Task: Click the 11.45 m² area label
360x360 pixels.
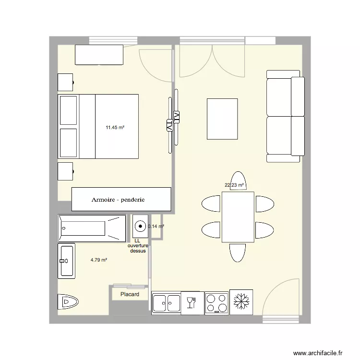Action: click(115, 127)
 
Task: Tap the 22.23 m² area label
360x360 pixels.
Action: click(234, 185)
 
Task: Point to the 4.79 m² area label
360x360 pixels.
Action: click(99, 260)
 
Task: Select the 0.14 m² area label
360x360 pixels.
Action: click(156, 227)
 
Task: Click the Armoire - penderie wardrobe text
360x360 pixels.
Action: click(118, 200)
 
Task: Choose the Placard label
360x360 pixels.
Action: click(130, 294)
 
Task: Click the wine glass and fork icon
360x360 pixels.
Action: click(191, 302)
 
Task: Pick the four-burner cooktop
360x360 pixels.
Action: click(216, 303)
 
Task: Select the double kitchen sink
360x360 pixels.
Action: click(167, 303)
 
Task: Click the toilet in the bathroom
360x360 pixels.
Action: click(68, 301)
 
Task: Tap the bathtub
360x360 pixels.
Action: click(92, 228)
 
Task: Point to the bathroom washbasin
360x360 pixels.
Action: click(67, 261)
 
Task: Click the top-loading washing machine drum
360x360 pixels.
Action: click(140, 227)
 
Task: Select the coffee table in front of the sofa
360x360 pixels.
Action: click(222, 119)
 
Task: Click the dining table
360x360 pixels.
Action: click(238, 217)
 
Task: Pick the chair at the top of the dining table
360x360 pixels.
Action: click(238, 180)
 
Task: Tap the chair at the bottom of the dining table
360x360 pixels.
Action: click(238, 253)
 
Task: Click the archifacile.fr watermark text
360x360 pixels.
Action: click(318, 353)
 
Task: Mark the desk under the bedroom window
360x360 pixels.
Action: click(99, 55)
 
